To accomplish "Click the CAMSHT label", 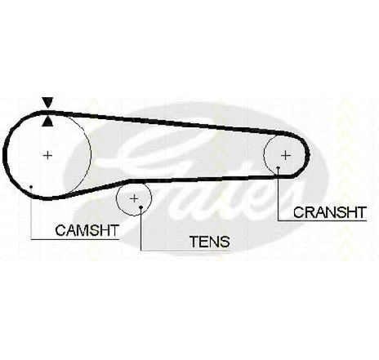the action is pyautogui.click(x=87, y=230).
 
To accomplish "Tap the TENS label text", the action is pyautogui.click(x=210, y=242).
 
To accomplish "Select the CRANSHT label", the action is pyautogui.click(x=330, y=212).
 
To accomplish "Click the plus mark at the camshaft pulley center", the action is pyautogui.click(x=48, y=155).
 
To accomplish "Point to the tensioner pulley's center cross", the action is pyautogui.click(x=134, y=199).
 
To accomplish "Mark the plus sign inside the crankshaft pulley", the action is pyautogui.click(x=286, y=155).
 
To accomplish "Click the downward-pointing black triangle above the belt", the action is pyautogui.click(x=47, y=102).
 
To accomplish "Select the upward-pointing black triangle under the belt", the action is pyautogui.click(x=47, y=122).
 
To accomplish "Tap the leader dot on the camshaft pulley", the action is pyautogui.click(x=31, y=187).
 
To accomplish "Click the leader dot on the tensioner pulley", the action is pyautogui.click(x=140, y=207).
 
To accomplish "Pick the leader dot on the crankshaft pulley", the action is pyautogui.click(x=278, y=167).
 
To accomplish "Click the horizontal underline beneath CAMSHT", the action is pyautogui.click(x=75, y=239).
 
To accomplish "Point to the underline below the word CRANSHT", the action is pyautogui.click(x=322, y=220).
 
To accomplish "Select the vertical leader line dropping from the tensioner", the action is pyautogui.click(x=140, y=229).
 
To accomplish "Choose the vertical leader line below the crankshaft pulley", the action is pyautogui.click(x=278, y=194).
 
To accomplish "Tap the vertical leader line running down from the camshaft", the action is pyautogui.click(x=31, y=213).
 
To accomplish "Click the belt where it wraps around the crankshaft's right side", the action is pyautogui.click(x=308, y=155).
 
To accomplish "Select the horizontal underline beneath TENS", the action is pyautogui.click(x=185, y=251).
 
